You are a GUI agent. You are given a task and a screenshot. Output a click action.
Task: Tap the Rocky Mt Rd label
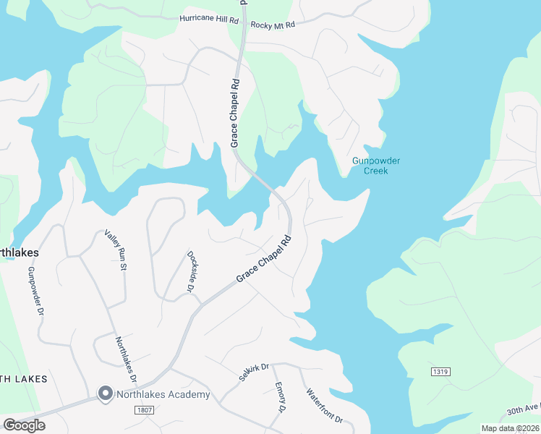[x=273, y=25]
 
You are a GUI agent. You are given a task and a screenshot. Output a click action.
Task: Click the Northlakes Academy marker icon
[x=105, y=394]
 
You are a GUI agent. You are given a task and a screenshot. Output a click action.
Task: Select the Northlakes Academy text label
[x=163, y=394]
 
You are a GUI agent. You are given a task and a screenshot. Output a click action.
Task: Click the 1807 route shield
[x=144, y=410]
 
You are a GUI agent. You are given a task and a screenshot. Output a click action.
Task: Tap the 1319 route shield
[x=440, y=372]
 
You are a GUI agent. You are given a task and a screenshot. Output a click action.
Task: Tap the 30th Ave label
[x=523, y=410]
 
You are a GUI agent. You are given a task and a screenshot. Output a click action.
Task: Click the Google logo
[x=24, y=425]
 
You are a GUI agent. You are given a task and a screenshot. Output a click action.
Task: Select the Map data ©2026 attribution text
[x=510, y=428]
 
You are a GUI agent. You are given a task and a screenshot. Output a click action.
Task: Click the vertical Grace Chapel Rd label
[x=235, y=114]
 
